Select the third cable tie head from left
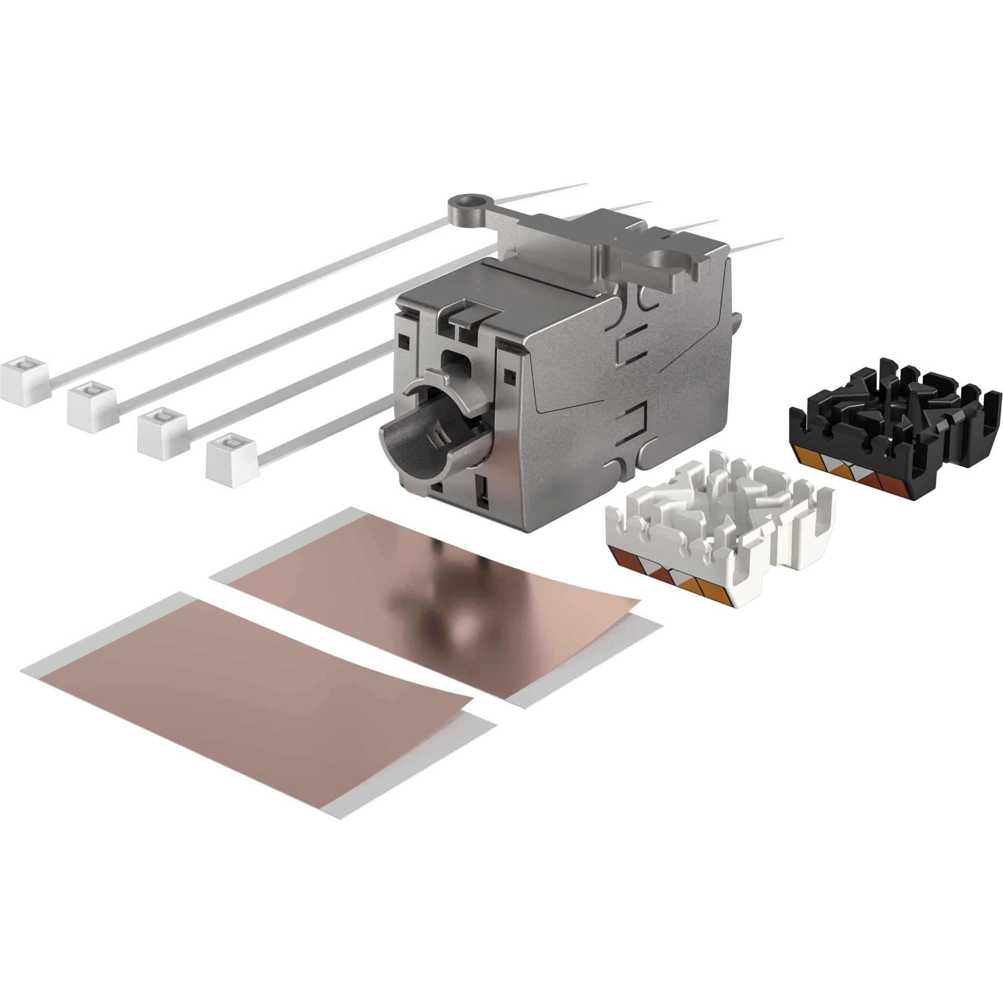(162, 427)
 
